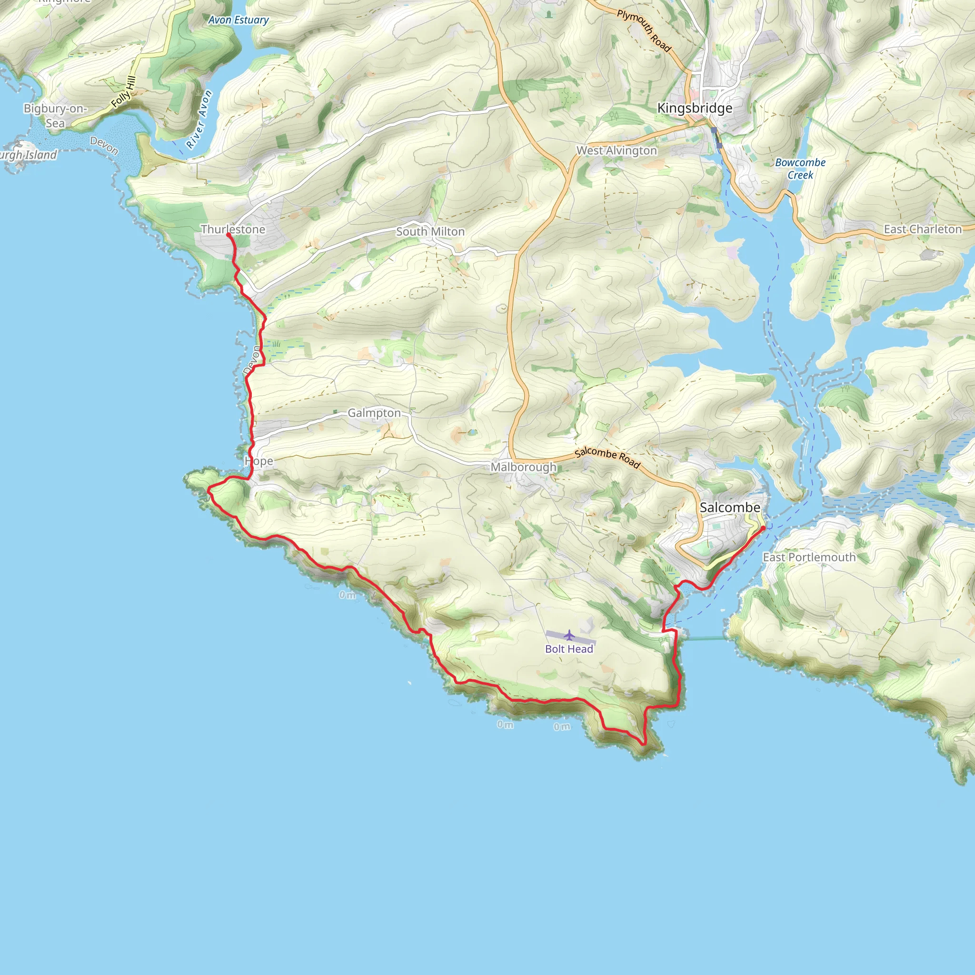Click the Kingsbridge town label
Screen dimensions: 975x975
tap(695, 108)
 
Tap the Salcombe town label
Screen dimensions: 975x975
tap(730, 507)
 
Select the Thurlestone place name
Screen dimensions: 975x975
tap(233, 229)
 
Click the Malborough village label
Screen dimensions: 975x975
tap(523, 467)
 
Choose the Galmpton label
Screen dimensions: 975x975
tap(374, 413)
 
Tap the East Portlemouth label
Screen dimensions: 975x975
tap(809, 557)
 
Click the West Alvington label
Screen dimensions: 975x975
tap(617, 150)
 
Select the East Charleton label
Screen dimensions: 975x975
tap(923, 229)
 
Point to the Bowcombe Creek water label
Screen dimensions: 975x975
tap(800, 169)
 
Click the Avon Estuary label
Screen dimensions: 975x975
tap(238, 20)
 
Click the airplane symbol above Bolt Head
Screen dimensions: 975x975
tap(569, 634)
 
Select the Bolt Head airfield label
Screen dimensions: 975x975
tap(569, 649)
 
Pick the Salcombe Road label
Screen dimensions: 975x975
tap(607, 457)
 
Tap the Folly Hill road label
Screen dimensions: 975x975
tap(124, 92)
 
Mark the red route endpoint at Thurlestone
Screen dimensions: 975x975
tap(229, 235)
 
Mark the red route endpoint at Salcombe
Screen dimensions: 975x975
tap(763, 528)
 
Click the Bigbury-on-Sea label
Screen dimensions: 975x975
tap(55, 116)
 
